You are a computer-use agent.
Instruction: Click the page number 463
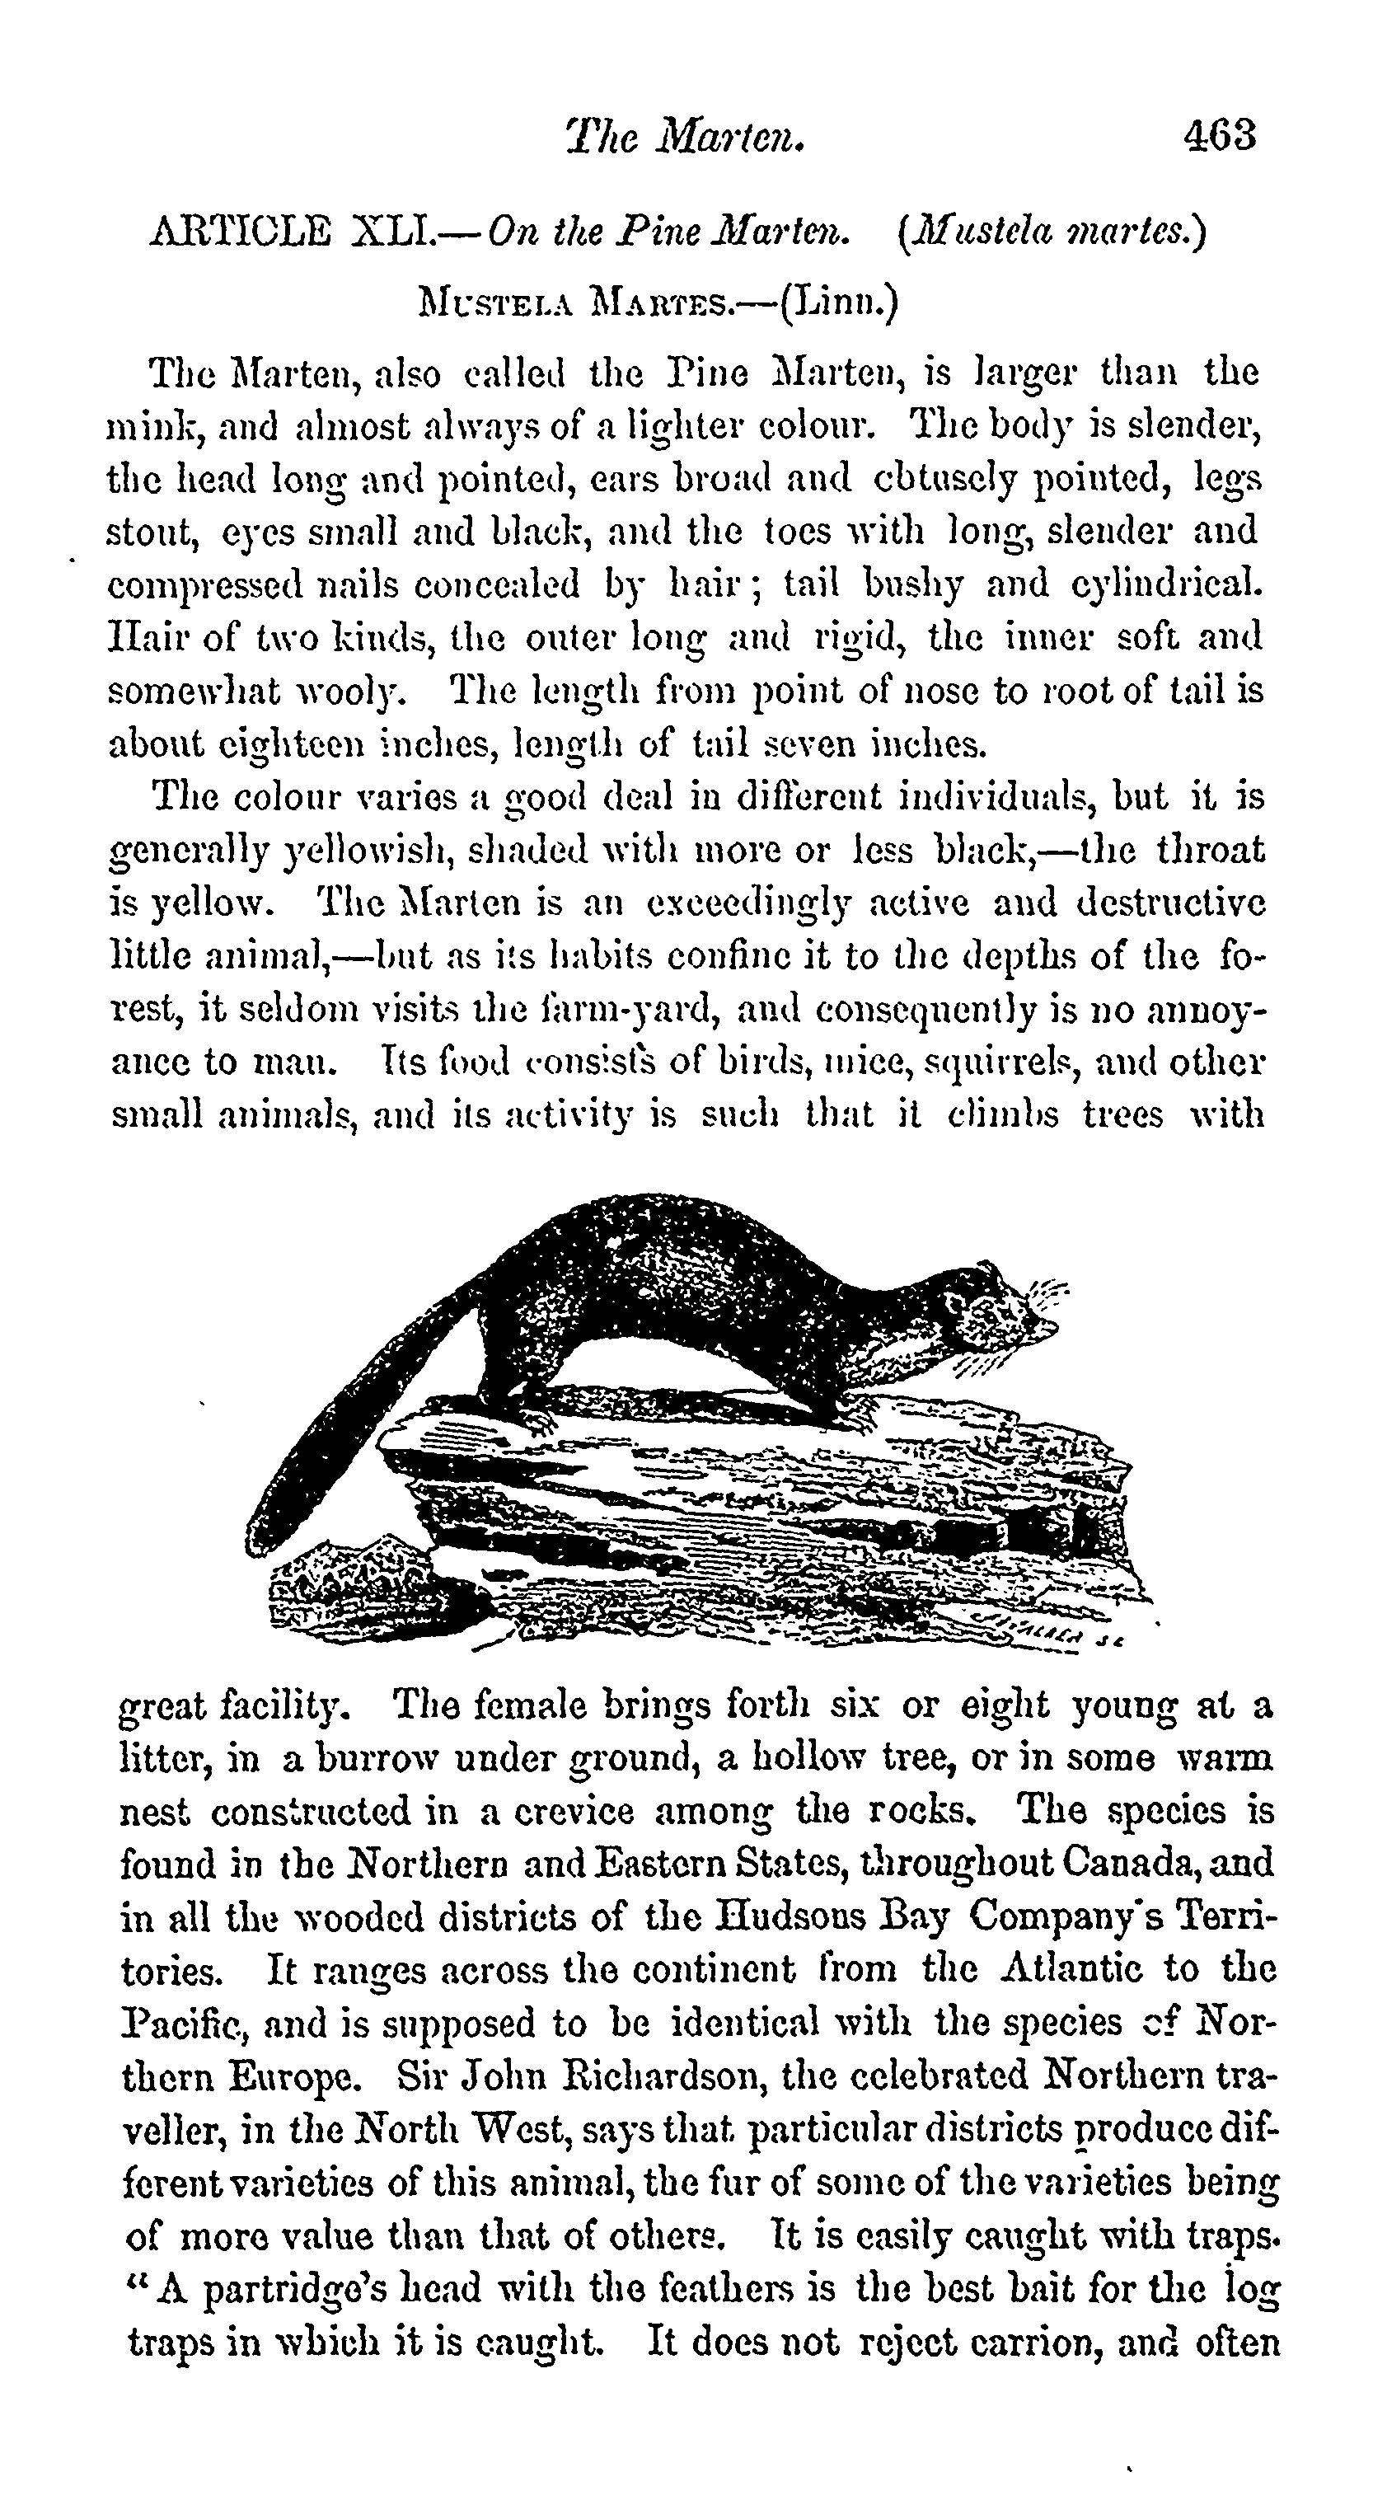click(x=1220, y=135)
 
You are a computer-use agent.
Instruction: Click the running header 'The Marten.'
click(x=685, y=137)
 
